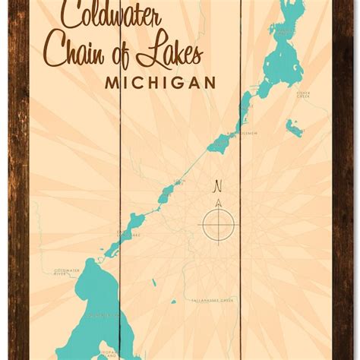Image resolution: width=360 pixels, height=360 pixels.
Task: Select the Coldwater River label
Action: pyautogui.click(x=67, y=272)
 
